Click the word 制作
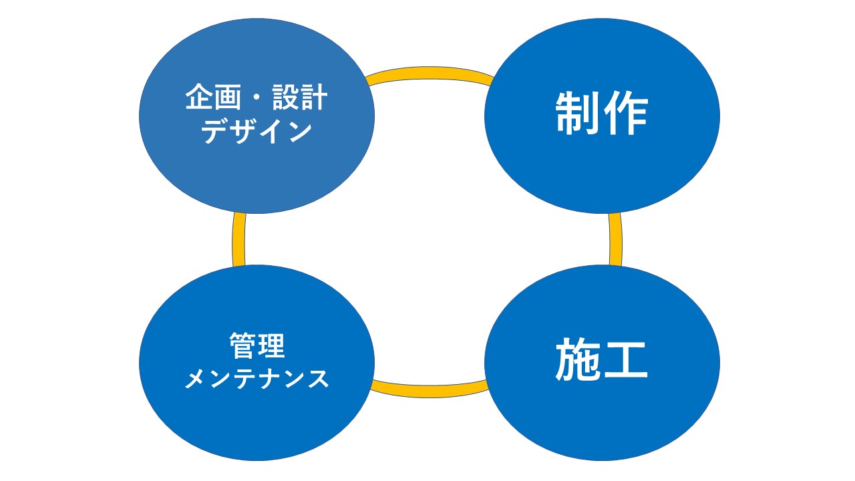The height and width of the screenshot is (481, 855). click(x=601, y=114)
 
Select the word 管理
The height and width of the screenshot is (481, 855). click(x=257, y=346)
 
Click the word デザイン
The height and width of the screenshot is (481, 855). click(x=256, y=132)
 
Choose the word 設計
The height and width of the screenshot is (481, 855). click(x=300, y=100)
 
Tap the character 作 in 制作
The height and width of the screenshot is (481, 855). click(x=625, y=114)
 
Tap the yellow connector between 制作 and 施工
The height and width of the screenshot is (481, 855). click(x=615, y=239)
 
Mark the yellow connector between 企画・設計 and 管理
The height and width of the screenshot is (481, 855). click(x=238, y=239)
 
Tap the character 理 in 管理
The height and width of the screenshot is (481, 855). click(x=271, y=346)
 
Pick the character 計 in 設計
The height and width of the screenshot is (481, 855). click(x=314, y=100)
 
